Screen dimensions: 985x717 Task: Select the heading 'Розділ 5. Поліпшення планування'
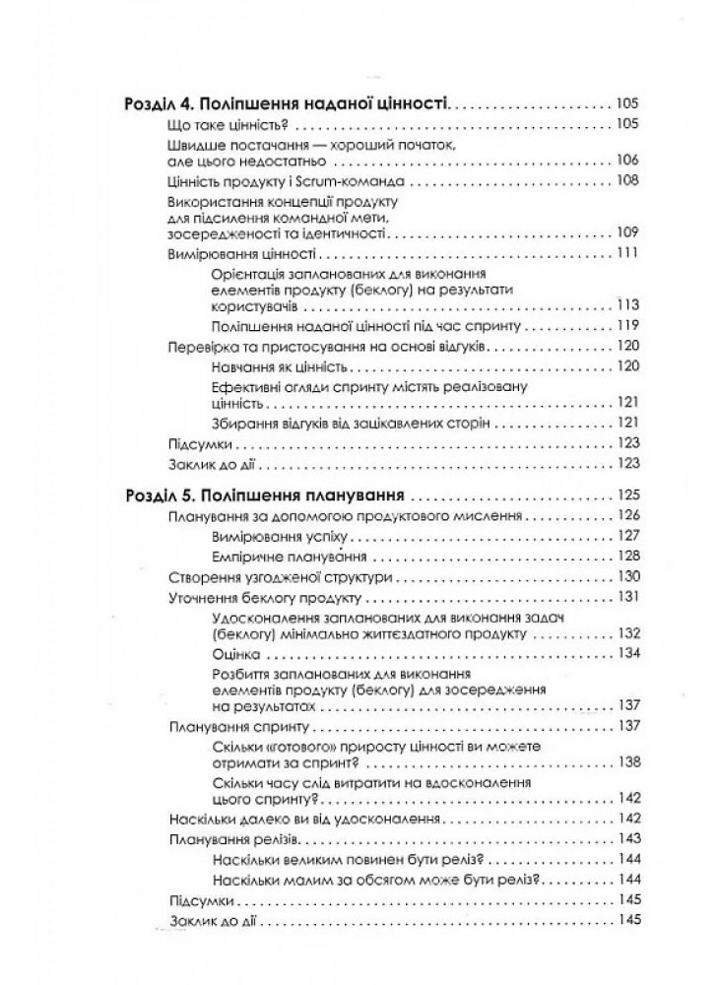(x=268, y=495)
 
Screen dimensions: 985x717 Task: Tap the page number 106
(x=626, y=161)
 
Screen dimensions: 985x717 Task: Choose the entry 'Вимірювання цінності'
(x=239, y=254)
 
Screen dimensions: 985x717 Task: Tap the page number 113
(x=626, y=304)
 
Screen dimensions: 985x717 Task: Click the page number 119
(x=626, y=325)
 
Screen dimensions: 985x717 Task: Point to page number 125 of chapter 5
(x=626, y=495)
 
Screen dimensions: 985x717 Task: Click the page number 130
(x=626, y=576)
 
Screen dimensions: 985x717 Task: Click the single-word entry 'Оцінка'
(x=234, y=654)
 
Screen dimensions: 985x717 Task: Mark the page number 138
(x=626, y=760)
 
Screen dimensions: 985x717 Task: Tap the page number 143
(x=626, y=839)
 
